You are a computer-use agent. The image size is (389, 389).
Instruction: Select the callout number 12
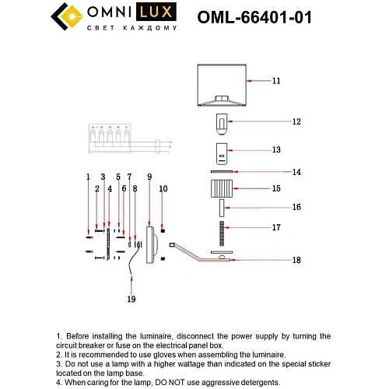pyautogui.click(x=275, y=122)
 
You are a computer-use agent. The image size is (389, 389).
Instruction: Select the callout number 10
pyautogui.click(x=163, y=188)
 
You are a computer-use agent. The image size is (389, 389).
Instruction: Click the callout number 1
pyautogui.click(x=89, y=177)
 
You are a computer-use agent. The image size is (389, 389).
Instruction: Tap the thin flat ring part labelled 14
pyautogui.click(x=222, y=172)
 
